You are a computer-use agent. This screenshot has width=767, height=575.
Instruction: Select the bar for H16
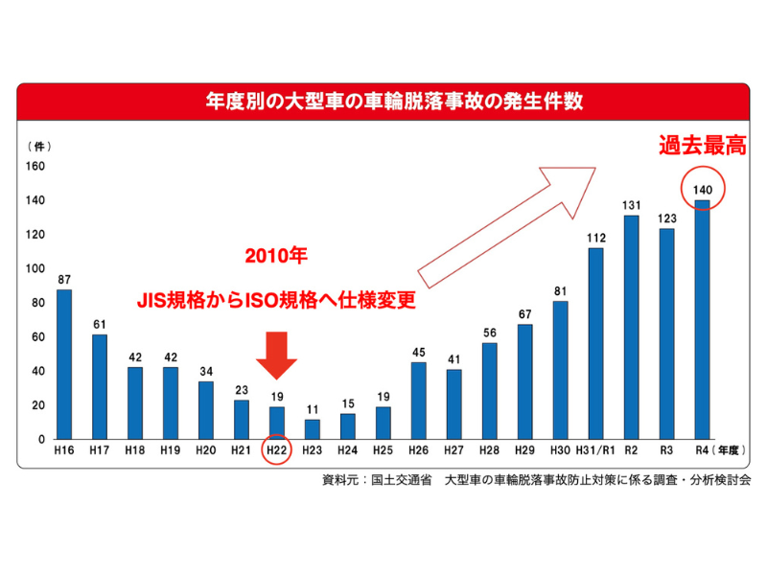pos(64,364)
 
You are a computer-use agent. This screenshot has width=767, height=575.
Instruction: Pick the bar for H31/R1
pos(596,343)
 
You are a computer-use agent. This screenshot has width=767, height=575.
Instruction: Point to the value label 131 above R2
pos(632,205)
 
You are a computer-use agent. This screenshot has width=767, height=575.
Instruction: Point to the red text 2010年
pos(276,258)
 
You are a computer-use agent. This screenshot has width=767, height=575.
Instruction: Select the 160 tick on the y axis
pos(35,166)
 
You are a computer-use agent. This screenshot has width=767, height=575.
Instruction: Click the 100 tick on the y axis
pos(35,268)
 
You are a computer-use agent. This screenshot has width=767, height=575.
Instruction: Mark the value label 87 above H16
pos(64,279)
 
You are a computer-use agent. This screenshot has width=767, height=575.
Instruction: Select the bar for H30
pos(561,370)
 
